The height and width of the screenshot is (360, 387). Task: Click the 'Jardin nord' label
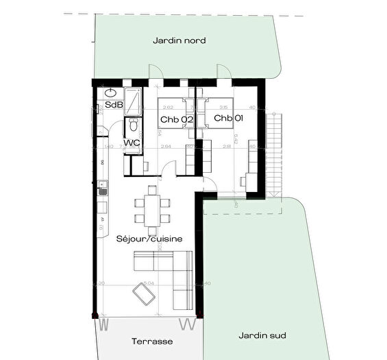coord(180,40)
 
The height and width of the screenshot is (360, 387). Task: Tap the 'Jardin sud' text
coord(262,335)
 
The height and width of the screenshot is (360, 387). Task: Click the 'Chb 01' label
coord(228,119)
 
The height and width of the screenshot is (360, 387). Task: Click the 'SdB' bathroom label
coord(113,105)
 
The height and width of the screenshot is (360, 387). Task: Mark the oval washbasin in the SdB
coord(111,93)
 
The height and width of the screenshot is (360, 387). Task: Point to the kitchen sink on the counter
coord(102,187)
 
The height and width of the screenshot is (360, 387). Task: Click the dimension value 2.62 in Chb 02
coord(168,107)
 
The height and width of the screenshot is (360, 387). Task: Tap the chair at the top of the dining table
coord(151,190)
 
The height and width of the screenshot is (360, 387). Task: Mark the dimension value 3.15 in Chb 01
coord(223,107)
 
